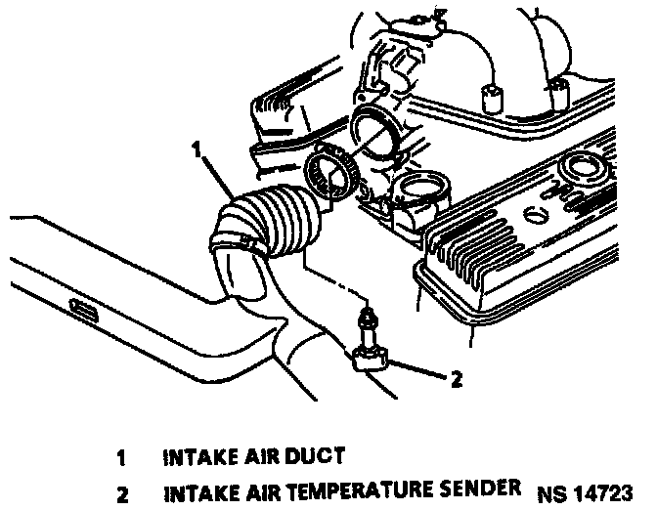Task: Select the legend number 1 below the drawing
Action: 121,456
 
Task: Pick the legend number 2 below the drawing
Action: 121,490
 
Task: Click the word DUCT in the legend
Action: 318,455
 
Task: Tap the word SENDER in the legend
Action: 478,489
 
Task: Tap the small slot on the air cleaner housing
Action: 84,313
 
